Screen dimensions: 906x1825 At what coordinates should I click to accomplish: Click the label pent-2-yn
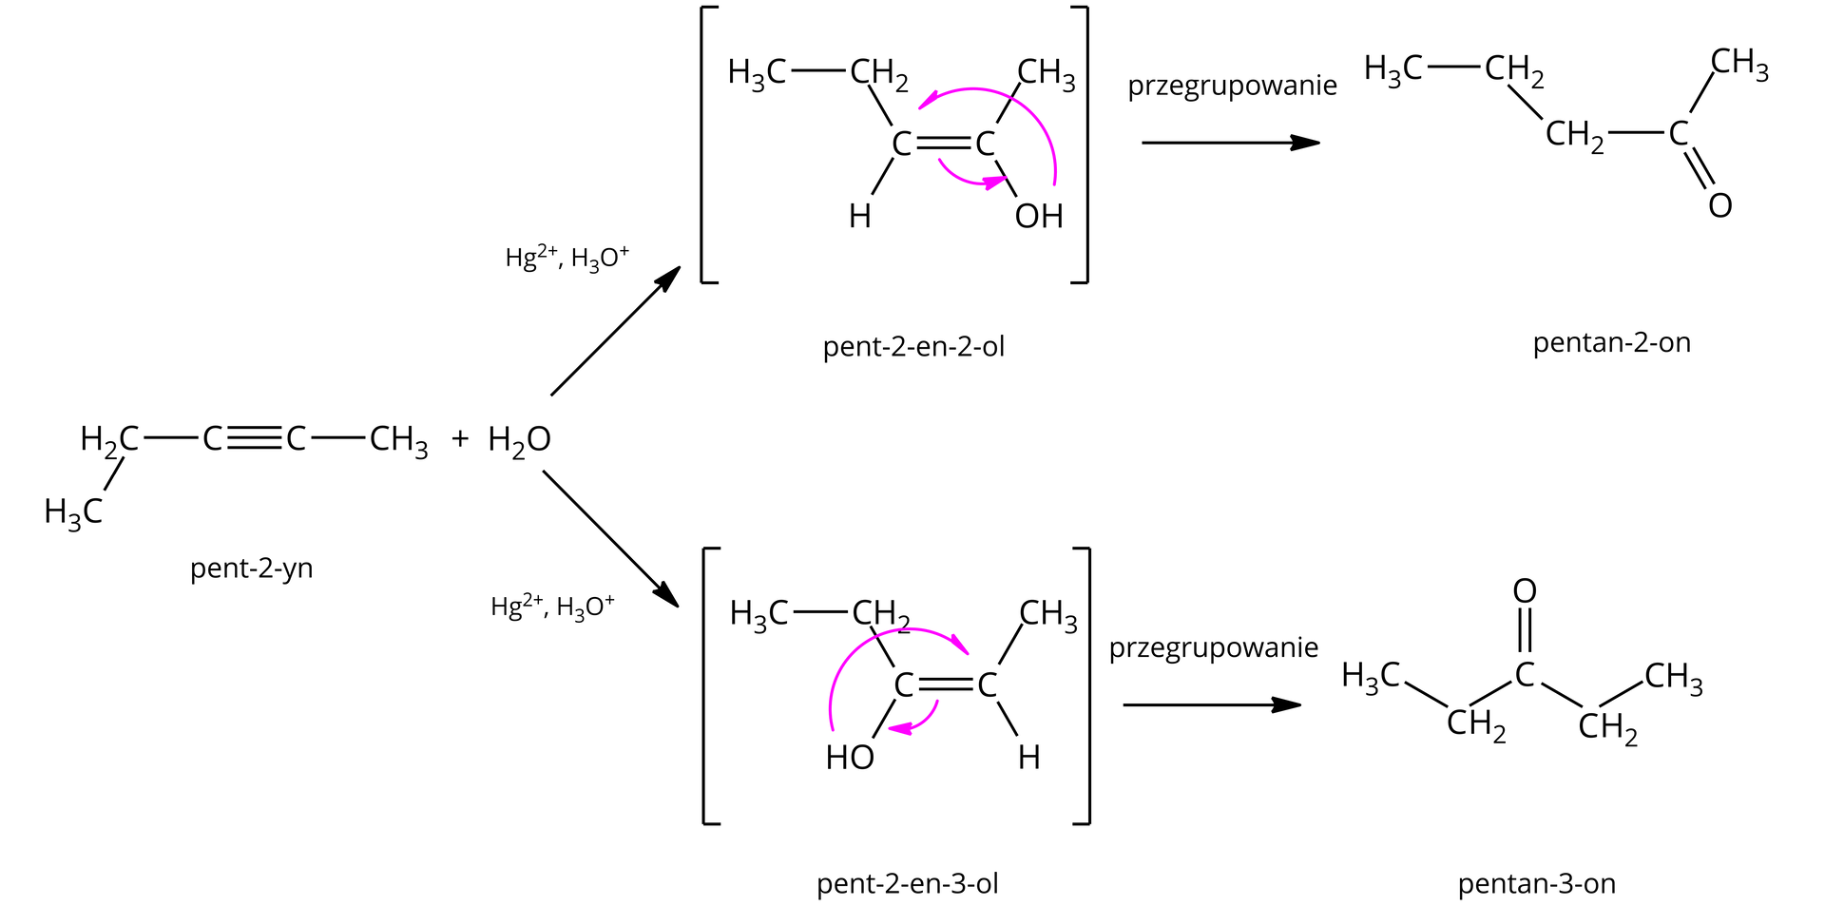click(251, 569)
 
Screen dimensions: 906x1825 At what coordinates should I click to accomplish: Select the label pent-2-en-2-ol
click(912, 347)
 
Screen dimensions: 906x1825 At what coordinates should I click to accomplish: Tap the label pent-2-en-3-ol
click(907, 884)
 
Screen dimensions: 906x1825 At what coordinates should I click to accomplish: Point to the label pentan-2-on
click(1611, 342)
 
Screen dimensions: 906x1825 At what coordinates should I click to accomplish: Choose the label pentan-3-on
click(1536, 884)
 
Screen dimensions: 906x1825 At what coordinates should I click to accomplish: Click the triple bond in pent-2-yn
click(255, 438)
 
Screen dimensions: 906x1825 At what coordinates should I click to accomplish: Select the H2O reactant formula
click(519, 440)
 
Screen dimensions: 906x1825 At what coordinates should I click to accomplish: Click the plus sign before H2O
click(460, 438)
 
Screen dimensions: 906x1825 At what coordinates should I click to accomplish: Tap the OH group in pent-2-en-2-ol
click(1038, 217)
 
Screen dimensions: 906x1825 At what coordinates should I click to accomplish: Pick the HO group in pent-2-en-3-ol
click(850, 758)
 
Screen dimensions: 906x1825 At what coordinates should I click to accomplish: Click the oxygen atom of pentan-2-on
click(1719, 205)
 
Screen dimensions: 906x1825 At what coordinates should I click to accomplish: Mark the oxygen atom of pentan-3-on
click(1524, 591)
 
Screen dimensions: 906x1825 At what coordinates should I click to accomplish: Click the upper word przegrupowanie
click(1232, 86)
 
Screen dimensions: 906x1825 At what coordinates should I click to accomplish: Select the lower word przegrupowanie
click(1213, 648)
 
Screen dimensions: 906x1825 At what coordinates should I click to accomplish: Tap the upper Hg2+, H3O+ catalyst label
click(567, 258)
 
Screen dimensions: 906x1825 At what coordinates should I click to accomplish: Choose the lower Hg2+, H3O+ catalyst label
click(552, 607)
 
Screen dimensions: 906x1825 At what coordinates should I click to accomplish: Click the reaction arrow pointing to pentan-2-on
click(1230, 143)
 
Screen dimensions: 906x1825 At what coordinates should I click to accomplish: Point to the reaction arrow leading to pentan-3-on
click(1211, 705)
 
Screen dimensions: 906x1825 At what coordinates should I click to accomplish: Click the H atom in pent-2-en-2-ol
click(859, 217)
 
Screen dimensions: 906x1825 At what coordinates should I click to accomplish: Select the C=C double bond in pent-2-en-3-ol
click(945, 684)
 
